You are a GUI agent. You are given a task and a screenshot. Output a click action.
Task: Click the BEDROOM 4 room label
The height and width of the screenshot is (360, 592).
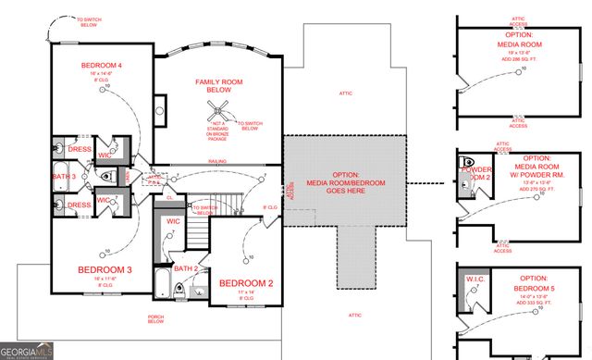[x=101, y=65]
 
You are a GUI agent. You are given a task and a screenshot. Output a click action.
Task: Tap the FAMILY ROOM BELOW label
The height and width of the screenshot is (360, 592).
[x=218, y=86]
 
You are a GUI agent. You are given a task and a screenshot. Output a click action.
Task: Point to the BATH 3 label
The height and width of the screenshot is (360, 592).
[x=63, y=176]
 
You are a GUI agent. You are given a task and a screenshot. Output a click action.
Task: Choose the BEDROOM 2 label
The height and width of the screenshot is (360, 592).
[x=245, y=283]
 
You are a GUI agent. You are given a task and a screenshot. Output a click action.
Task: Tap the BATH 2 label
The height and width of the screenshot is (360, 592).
[x=186, y=267]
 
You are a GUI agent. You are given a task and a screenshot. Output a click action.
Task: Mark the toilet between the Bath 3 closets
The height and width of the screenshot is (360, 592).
[x=105, y=176]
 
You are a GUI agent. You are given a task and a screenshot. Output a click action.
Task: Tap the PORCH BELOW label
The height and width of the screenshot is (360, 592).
[x=155, y=321]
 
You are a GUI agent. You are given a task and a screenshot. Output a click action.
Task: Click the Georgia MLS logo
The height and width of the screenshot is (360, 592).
[x=28, y=351]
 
